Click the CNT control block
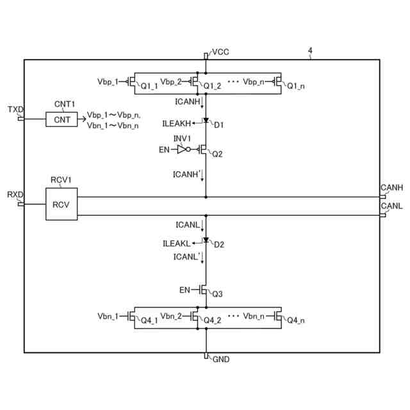click(61, 119)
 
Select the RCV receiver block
click(61, 204)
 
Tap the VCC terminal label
click(220, 52)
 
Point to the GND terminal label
click(220, 359)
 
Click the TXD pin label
click(15, 110)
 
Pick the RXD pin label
click(15, 195)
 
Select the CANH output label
click(391, 187)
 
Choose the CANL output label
click(391, 206)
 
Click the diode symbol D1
click(206, 121)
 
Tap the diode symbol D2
click(206, 241)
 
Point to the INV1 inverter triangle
click(181, 150)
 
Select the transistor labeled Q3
click(203, 290)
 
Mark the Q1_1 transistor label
click(149, 86)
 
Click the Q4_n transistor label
click(295, 320)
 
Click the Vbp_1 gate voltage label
click(108, 82)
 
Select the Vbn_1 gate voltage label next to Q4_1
click(108, 316)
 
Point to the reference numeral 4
click(310, 51)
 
